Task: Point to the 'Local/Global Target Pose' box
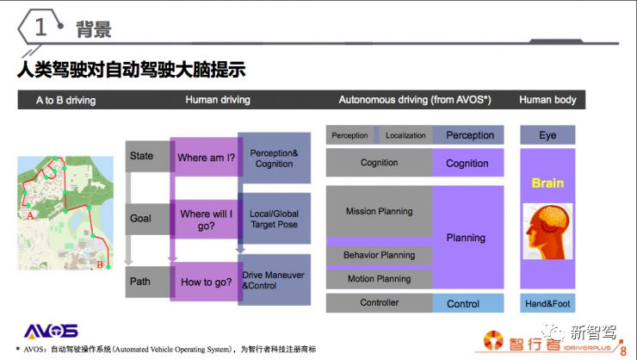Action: point(274,219)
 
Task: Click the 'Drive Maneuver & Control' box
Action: point(274,280)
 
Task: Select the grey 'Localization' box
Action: point(405,135)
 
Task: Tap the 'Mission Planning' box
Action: point(379,211)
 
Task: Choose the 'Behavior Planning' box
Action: point(379,255)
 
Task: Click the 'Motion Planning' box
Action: point(379,279)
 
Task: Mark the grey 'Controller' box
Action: point(379,303)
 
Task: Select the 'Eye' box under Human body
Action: point(547,135)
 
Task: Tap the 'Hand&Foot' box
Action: point(547,303)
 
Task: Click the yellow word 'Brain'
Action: point(547,183)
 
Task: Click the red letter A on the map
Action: point(32,217)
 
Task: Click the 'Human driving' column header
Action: point(218,100)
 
